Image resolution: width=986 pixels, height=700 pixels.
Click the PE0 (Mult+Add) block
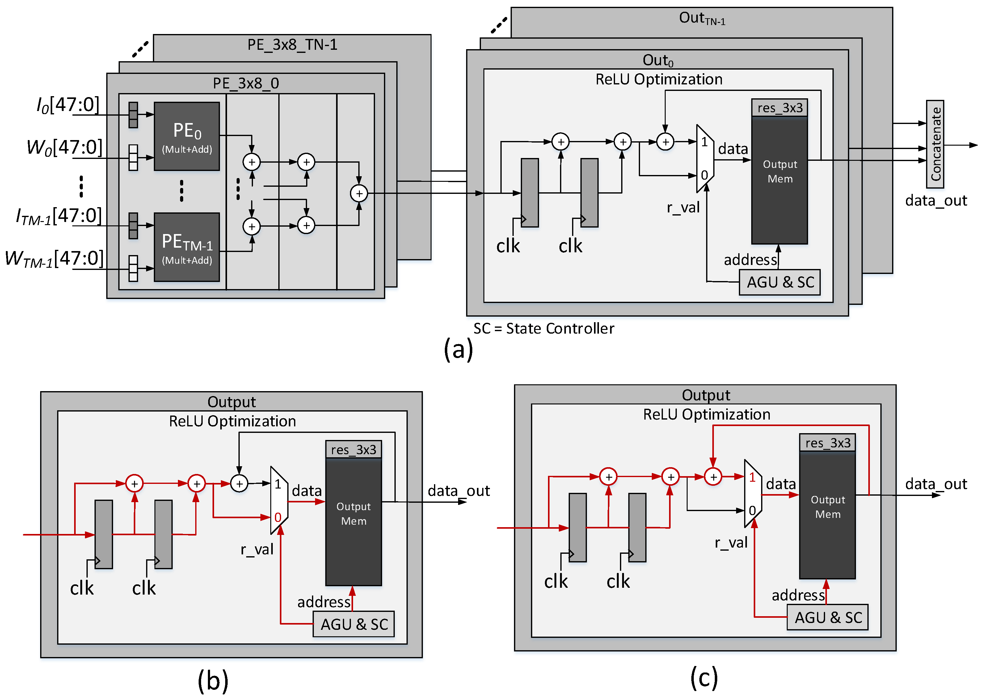tap(187, 136)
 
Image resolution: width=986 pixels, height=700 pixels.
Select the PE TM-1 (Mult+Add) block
tap(187, 247)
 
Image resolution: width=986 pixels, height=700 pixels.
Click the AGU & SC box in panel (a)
tap(779, 282)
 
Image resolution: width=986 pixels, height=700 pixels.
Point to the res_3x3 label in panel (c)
tap(827, 443)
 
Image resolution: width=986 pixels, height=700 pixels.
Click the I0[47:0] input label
tap(68, 105)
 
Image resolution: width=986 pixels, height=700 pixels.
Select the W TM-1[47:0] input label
tap(54, 258)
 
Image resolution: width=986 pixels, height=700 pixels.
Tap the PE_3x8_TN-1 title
tap(292, 45)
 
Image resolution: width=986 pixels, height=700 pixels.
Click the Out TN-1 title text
tap(702, 18)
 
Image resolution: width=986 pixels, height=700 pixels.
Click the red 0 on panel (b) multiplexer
tap(278, 517)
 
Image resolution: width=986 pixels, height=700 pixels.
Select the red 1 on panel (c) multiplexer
tap(752, 478)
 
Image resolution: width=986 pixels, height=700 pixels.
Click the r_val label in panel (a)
tap(683, 208)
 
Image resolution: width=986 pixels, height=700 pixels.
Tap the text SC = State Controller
tap(543, 328)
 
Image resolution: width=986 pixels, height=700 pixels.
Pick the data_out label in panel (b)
tap(458, 490)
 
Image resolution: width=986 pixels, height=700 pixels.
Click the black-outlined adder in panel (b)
tap(239, 484)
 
